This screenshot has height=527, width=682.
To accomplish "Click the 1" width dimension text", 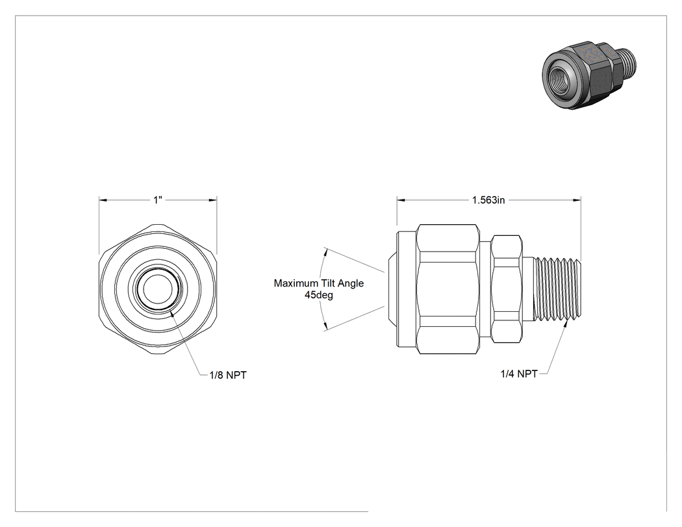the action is [x=157, y=199].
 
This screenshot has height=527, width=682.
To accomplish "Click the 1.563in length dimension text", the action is [x=488, y=199].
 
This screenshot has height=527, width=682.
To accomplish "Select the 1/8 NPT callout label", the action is [x=228, y=375].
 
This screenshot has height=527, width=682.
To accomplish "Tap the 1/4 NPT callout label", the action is [x=519, y=374].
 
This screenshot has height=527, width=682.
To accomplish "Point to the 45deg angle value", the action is [x=319, y=295].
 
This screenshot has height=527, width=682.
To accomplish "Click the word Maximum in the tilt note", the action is [x=296, y=283].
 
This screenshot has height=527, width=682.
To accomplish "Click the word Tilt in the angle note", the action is [x=329, y=283].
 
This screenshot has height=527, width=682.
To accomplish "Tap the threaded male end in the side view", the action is [x=558, y=289].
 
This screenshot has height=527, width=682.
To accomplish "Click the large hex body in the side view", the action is [x=448, y=289].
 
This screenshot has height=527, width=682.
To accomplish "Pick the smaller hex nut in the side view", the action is [x=507, y=289].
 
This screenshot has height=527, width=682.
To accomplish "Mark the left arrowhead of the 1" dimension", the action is [x=103, y=200].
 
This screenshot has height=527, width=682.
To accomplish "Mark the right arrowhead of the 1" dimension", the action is [x=213, y=200].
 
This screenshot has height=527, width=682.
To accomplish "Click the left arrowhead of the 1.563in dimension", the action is [x=401, y=200].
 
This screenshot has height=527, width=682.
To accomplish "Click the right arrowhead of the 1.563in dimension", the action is [x=577, y=200].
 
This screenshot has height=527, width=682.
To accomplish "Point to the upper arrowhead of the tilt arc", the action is [x=326, y=252].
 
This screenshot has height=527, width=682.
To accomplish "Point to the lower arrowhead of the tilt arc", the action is [x=326, y=326].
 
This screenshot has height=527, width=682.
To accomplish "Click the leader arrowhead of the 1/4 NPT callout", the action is [x=566, y=324].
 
